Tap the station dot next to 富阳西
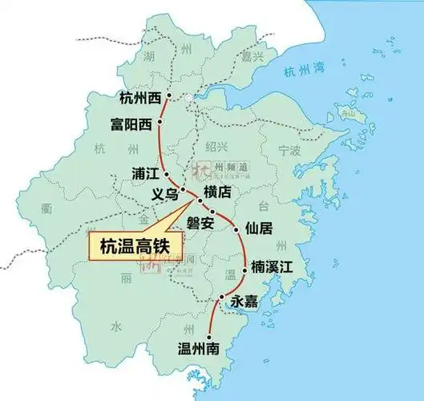160,122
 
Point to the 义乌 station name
164,194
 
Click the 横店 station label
217,192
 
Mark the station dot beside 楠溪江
244,272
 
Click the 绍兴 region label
216,146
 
